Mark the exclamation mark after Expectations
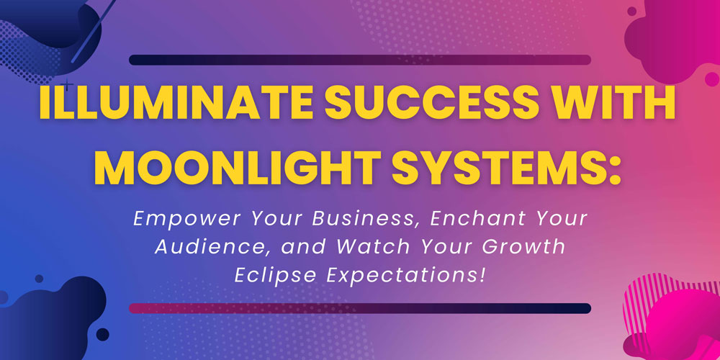481,275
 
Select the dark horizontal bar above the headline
360,60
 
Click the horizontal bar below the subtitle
360,308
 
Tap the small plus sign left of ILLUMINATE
67,85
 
